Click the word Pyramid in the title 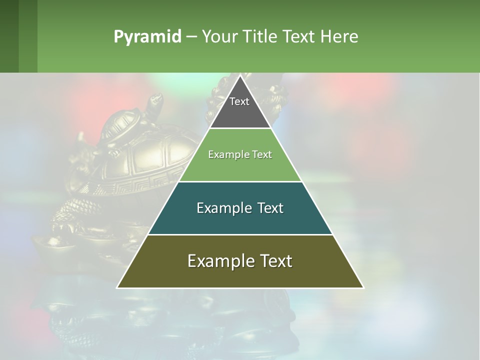click(147, 37)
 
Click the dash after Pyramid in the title click(191, 37)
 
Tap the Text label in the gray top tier click(239, 101)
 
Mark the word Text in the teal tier click(270, 208)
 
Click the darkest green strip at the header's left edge click(9, 36)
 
